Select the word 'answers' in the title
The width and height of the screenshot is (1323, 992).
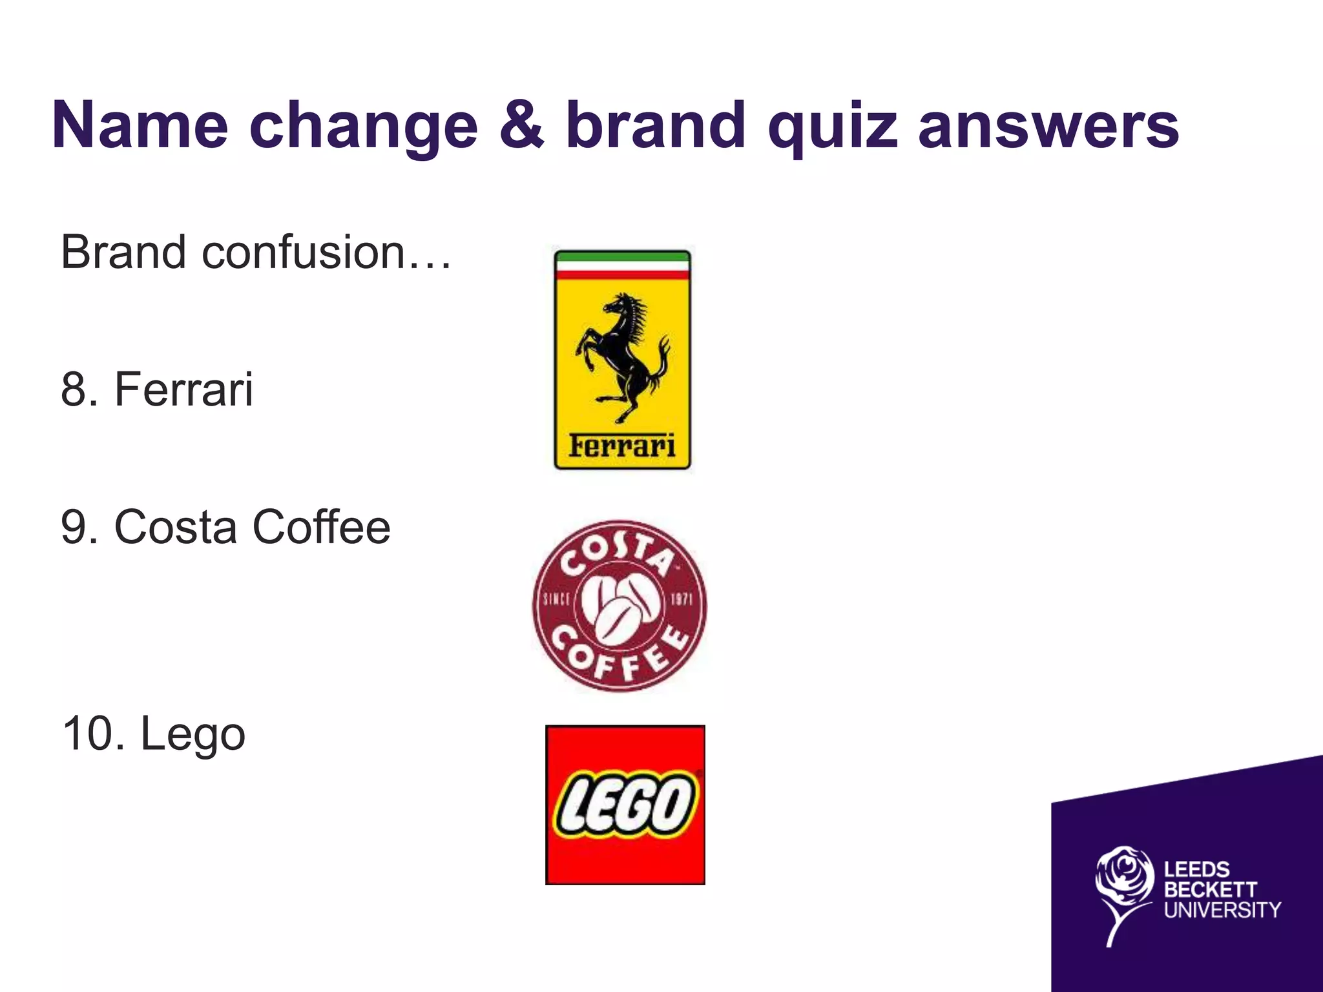point(1048,126)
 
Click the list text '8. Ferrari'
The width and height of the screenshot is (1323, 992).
point(157,389)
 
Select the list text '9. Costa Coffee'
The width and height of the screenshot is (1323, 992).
point(225,528)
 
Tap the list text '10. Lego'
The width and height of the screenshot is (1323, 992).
point(154,734)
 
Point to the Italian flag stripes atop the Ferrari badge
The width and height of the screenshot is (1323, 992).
point(622,265)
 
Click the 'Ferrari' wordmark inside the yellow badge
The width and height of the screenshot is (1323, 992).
point(622,446)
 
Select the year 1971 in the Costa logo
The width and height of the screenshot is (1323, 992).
point(680,599)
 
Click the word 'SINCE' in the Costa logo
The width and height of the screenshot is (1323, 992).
point(556,599)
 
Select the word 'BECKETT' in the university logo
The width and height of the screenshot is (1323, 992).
point(1210,889)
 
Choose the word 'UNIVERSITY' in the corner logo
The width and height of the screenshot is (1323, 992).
point(1222,910)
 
